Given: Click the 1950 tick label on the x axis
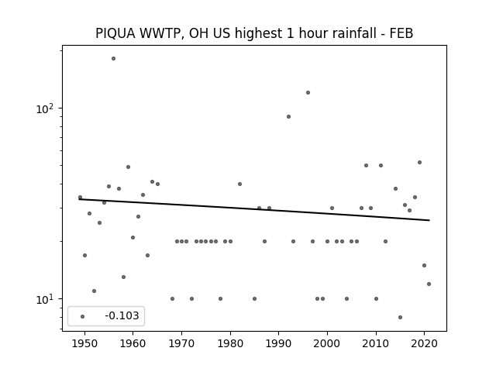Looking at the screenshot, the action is point(84,344).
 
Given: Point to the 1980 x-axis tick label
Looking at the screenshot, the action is point(230,344).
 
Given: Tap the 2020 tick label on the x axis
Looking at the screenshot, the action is point(424,344).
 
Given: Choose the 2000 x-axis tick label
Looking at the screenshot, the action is point(327,344).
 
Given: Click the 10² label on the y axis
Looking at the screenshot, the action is point(45,108).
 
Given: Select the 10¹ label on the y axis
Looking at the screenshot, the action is point(45,299).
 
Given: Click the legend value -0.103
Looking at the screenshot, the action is point(122,315).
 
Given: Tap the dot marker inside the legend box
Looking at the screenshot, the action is point(83,317).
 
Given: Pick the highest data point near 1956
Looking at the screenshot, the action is point(114,59).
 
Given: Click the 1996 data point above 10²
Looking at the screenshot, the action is point(308,93).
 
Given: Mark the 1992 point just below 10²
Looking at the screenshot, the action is point(288,117).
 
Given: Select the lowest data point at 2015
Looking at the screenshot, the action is point(400,317).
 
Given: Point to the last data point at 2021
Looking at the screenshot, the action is point(429,284).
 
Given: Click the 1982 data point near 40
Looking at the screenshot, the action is point(239,184).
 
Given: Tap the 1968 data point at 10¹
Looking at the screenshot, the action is point(172,298).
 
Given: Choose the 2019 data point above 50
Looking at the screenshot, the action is point(419,162).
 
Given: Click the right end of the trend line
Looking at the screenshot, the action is point(429,220).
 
